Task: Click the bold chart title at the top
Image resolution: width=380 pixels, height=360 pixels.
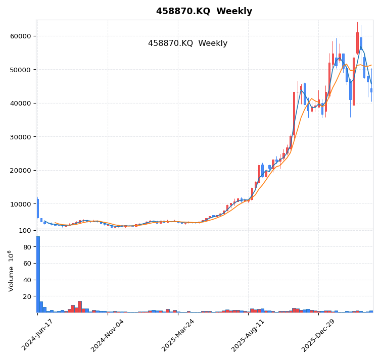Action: (204, 11)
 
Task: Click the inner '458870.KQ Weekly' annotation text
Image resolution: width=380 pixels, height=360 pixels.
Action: (187, 43)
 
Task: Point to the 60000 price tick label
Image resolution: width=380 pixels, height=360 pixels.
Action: (20, 36)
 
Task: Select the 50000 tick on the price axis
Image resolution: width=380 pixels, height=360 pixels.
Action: (20, 70)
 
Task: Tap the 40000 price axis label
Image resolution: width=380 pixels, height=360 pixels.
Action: (20, 103)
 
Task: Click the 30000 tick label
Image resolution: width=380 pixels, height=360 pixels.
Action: (20, 137)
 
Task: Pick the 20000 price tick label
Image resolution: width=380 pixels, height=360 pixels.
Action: (20, 170)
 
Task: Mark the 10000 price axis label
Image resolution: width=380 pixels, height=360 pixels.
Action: (20, 204)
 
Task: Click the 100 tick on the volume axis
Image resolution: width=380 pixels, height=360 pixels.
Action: (25, 231)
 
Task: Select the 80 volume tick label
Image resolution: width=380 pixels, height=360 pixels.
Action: (27, 247)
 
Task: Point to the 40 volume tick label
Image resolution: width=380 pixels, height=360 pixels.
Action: (27, 280)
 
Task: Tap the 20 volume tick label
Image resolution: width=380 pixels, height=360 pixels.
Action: (27, 296)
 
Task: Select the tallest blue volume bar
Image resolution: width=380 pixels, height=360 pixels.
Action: (38, 274)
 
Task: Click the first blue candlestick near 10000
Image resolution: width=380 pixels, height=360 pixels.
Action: (37, 208)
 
